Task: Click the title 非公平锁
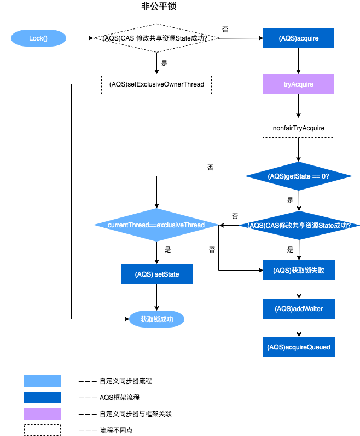(158, 7)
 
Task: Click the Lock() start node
(39, 38)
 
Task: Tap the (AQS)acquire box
(298, 38)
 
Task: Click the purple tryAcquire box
(298, 84)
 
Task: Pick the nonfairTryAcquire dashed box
(298, 128)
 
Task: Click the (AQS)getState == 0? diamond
(298, 176)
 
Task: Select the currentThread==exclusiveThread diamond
(156, 225)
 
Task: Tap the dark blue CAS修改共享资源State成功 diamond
(298, 225)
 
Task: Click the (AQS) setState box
(156, 274)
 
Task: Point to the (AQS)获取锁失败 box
(298, 270)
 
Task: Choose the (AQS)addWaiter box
(298, 308)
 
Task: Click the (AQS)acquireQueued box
(298, 347)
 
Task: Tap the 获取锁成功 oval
(156, 318)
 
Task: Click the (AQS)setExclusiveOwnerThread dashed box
(156, 84)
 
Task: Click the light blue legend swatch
(42, 381)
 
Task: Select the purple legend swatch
(42, 414)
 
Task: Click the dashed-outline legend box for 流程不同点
(42, 430)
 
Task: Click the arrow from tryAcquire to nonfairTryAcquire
(298, 106)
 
